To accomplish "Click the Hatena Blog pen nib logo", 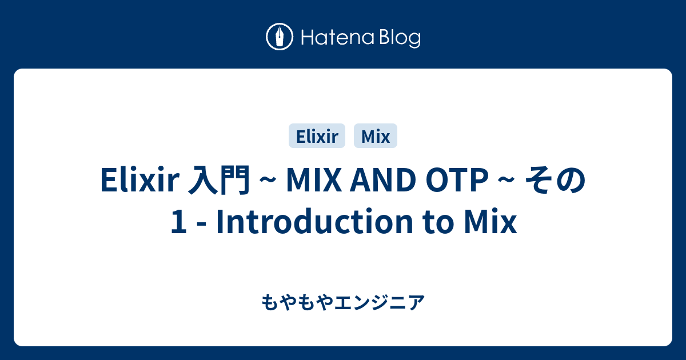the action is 280,37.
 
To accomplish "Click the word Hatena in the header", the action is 338,38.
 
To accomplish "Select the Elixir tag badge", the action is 317,136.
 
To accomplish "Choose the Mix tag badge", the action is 376,136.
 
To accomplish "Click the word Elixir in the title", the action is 140,180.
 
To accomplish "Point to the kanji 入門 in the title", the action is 219,180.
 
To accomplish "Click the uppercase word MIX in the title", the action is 314,180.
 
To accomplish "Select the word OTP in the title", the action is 457,180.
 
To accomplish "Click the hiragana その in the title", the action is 556,180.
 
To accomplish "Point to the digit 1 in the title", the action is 179,221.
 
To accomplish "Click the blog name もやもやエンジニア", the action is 343,302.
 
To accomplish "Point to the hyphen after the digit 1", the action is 201,225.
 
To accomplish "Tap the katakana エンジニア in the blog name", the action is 379,302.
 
